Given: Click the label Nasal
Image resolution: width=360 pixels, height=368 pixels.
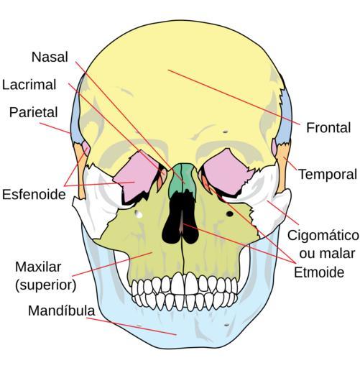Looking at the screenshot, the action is click(x=50, y=57).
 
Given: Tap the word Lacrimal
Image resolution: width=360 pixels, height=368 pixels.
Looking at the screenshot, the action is click(x=29, y=85).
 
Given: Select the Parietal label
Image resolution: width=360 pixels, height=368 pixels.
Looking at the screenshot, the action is click(x=34, y=112).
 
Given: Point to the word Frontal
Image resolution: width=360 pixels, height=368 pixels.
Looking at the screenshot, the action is click(x=328, y=127).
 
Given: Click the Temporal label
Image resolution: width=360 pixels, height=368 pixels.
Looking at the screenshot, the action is click(x=328, y=174).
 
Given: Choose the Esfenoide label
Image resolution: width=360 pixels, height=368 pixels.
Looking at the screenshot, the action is click(x=34, y=194).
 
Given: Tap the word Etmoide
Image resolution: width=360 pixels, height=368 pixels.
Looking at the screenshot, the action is click(x=319, y=272).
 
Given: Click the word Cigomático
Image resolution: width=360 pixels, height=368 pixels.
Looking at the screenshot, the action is click(x=323, y=235).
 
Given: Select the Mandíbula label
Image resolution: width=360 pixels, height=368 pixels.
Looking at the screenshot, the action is click(x=62, y=310).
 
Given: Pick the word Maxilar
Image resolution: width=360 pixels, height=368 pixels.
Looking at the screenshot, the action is click(x=38, y=267).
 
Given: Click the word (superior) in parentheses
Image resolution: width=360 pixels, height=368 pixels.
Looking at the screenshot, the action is click(x=45, y=285).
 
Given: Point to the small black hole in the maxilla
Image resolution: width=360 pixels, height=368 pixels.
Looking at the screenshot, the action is click(x=230, y=213).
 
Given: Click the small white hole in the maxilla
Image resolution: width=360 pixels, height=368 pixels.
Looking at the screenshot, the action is click(x=139, y=214).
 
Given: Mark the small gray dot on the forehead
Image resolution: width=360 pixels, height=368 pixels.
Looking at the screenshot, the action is click(x=225, y=132).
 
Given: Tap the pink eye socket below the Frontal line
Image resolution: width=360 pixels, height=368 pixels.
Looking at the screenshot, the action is click(x=226, y=170).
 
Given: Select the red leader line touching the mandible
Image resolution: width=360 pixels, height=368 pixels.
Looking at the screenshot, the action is click(x=131, y=326).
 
